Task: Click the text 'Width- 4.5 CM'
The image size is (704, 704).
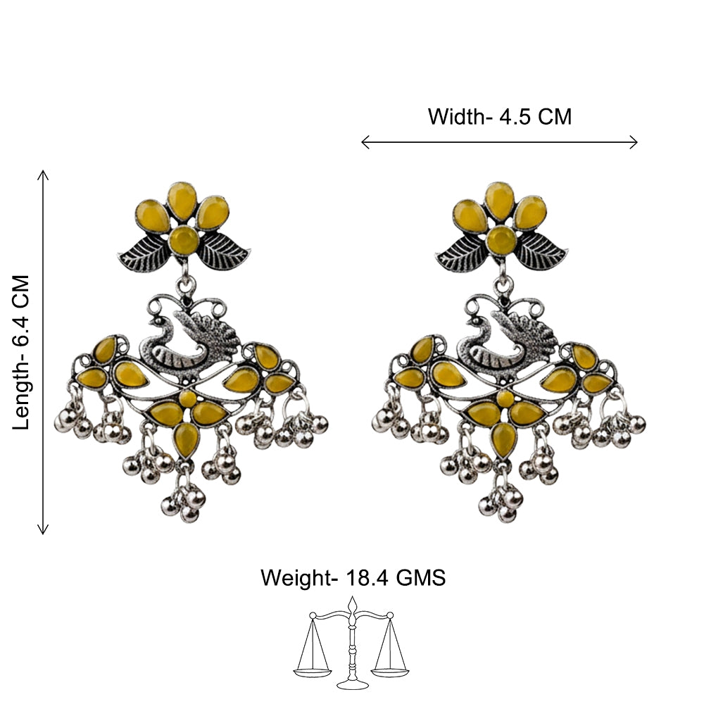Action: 499,117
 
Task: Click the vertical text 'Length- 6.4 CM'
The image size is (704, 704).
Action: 20,353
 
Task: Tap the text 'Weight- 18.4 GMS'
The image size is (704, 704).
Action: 353,577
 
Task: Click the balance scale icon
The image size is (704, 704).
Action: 351,643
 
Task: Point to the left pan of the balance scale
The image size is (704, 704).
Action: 313,672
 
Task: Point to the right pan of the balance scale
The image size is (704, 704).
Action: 390,672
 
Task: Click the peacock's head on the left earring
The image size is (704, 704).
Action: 158,322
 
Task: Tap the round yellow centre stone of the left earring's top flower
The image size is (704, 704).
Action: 184,241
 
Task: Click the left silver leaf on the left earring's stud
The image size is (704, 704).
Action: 143,254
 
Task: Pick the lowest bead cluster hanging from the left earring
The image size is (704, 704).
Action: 183,500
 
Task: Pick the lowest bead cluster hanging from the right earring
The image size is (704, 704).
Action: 501,500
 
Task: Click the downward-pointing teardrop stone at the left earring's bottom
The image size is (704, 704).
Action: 187,439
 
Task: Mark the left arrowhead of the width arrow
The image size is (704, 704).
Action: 365,142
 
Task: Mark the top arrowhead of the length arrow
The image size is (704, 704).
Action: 43,174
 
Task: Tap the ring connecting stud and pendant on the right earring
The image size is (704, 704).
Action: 503,285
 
